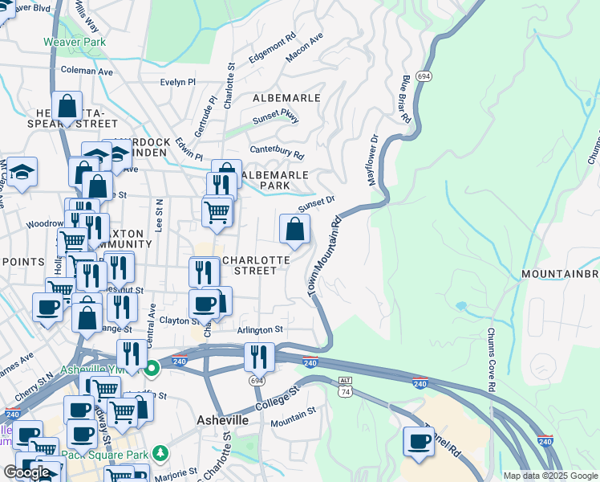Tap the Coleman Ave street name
(x=87, y=71)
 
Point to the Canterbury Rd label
(x=278, y=152)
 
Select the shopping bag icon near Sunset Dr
(x=295, y=229)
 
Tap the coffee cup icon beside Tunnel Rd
(x=419, y=442)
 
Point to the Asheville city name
(x=222, y=421)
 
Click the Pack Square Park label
(x=116, y=455)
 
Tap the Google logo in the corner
(x=26, y=472)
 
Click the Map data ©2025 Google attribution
(x=550, y=476)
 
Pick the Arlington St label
(x=260, y=329)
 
